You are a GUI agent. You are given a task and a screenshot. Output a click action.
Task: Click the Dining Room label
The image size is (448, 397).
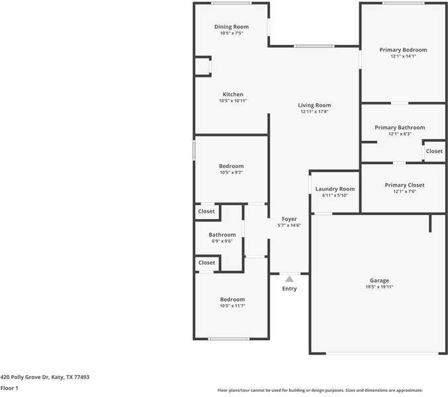[x=232, y=26]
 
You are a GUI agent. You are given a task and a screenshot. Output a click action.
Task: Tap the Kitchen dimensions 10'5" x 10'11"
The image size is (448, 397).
[x=232, y=101]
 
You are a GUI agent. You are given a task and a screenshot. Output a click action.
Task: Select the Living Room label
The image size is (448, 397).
[x=314, y=105]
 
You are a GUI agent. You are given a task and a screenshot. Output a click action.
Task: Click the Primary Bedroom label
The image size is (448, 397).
[x=403, y=50]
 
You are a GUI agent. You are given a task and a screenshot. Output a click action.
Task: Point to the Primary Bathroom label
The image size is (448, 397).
[x=400, y=127]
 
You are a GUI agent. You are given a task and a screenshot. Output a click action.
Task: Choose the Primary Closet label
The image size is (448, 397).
[x=404, y=185]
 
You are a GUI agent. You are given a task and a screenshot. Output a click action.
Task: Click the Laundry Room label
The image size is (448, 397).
[x=335, y=189]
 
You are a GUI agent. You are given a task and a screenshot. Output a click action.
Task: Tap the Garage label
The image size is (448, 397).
[x=379, y=280]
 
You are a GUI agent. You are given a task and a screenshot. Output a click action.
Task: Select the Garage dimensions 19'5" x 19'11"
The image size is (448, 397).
[x=379, y=287]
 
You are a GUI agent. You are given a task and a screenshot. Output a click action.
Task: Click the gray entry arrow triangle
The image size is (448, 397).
[x=289, y=279]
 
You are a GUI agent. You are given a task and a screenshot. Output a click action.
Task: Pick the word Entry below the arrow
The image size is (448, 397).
[x=289, y=288]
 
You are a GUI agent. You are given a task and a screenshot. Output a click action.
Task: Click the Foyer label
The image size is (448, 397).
[x=289, y=218]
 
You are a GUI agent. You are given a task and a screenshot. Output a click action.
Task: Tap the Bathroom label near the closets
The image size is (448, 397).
[x=222, y=234]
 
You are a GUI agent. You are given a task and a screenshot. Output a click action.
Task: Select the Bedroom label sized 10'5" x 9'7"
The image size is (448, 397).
[x=232, y=166]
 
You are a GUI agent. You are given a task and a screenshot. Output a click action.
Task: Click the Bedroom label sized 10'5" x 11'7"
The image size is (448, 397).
[x=232, y=299]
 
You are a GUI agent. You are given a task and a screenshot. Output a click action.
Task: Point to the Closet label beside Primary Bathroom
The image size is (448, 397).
[x=434, y=151]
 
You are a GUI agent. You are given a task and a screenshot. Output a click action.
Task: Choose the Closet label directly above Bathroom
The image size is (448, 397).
[x=206, y=211]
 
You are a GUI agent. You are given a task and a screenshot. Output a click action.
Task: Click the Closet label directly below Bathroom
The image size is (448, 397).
[x=206, y=263]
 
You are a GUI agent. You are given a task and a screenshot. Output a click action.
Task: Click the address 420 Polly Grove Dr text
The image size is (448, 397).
[x=44, y=377]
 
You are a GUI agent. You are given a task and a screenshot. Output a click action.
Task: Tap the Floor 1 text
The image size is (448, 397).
[x=9, y=388]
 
